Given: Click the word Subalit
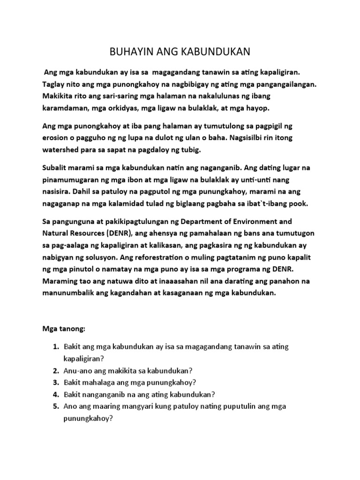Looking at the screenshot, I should coord(56,168).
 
